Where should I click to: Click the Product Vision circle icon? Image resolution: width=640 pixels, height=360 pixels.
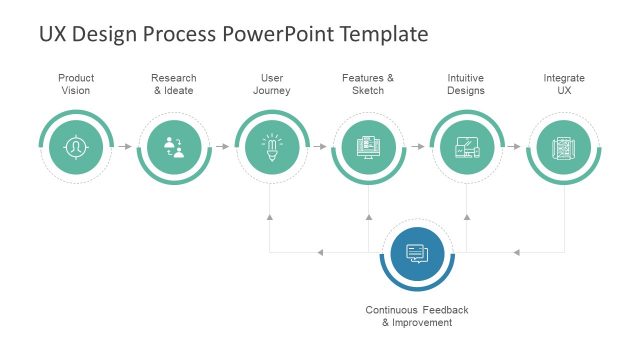[x=76, y=147]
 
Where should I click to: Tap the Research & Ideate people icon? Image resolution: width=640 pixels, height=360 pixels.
[x=174, y=147]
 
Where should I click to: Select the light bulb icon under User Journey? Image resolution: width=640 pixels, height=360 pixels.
[x=271, y=147]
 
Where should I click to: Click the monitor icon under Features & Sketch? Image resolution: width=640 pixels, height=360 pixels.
[x=369, y=147]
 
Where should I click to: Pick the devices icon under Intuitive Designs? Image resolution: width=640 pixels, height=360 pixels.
[x=467, y=147]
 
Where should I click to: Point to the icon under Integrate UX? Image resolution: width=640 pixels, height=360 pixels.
[x=564, y=147]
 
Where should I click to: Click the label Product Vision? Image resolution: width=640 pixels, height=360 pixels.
[x=76, y=84]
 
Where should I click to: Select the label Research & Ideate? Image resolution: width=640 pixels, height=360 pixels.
[x=174, y=84]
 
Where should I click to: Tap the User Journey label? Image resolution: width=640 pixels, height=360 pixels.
[x=271, y=84]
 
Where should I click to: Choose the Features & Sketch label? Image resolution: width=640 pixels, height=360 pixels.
[x=368, y=84]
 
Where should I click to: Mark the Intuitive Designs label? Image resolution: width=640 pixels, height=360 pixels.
[x=466, y=84]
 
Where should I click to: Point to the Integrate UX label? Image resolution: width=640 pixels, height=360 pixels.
[x=564, y=84]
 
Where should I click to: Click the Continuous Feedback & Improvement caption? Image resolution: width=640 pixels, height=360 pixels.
[x=417, y=316]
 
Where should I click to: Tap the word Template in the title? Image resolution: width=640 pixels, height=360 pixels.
[x=385, y=34]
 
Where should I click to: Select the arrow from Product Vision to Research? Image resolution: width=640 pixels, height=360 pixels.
[x=125, y=147]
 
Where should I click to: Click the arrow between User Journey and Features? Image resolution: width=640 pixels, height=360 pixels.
[x=320, y=147]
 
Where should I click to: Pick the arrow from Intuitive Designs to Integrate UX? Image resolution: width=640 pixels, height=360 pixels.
[x=515, y=147]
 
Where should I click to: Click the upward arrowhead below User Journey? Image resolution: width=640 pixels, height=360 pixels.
[x=271, y=216]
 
